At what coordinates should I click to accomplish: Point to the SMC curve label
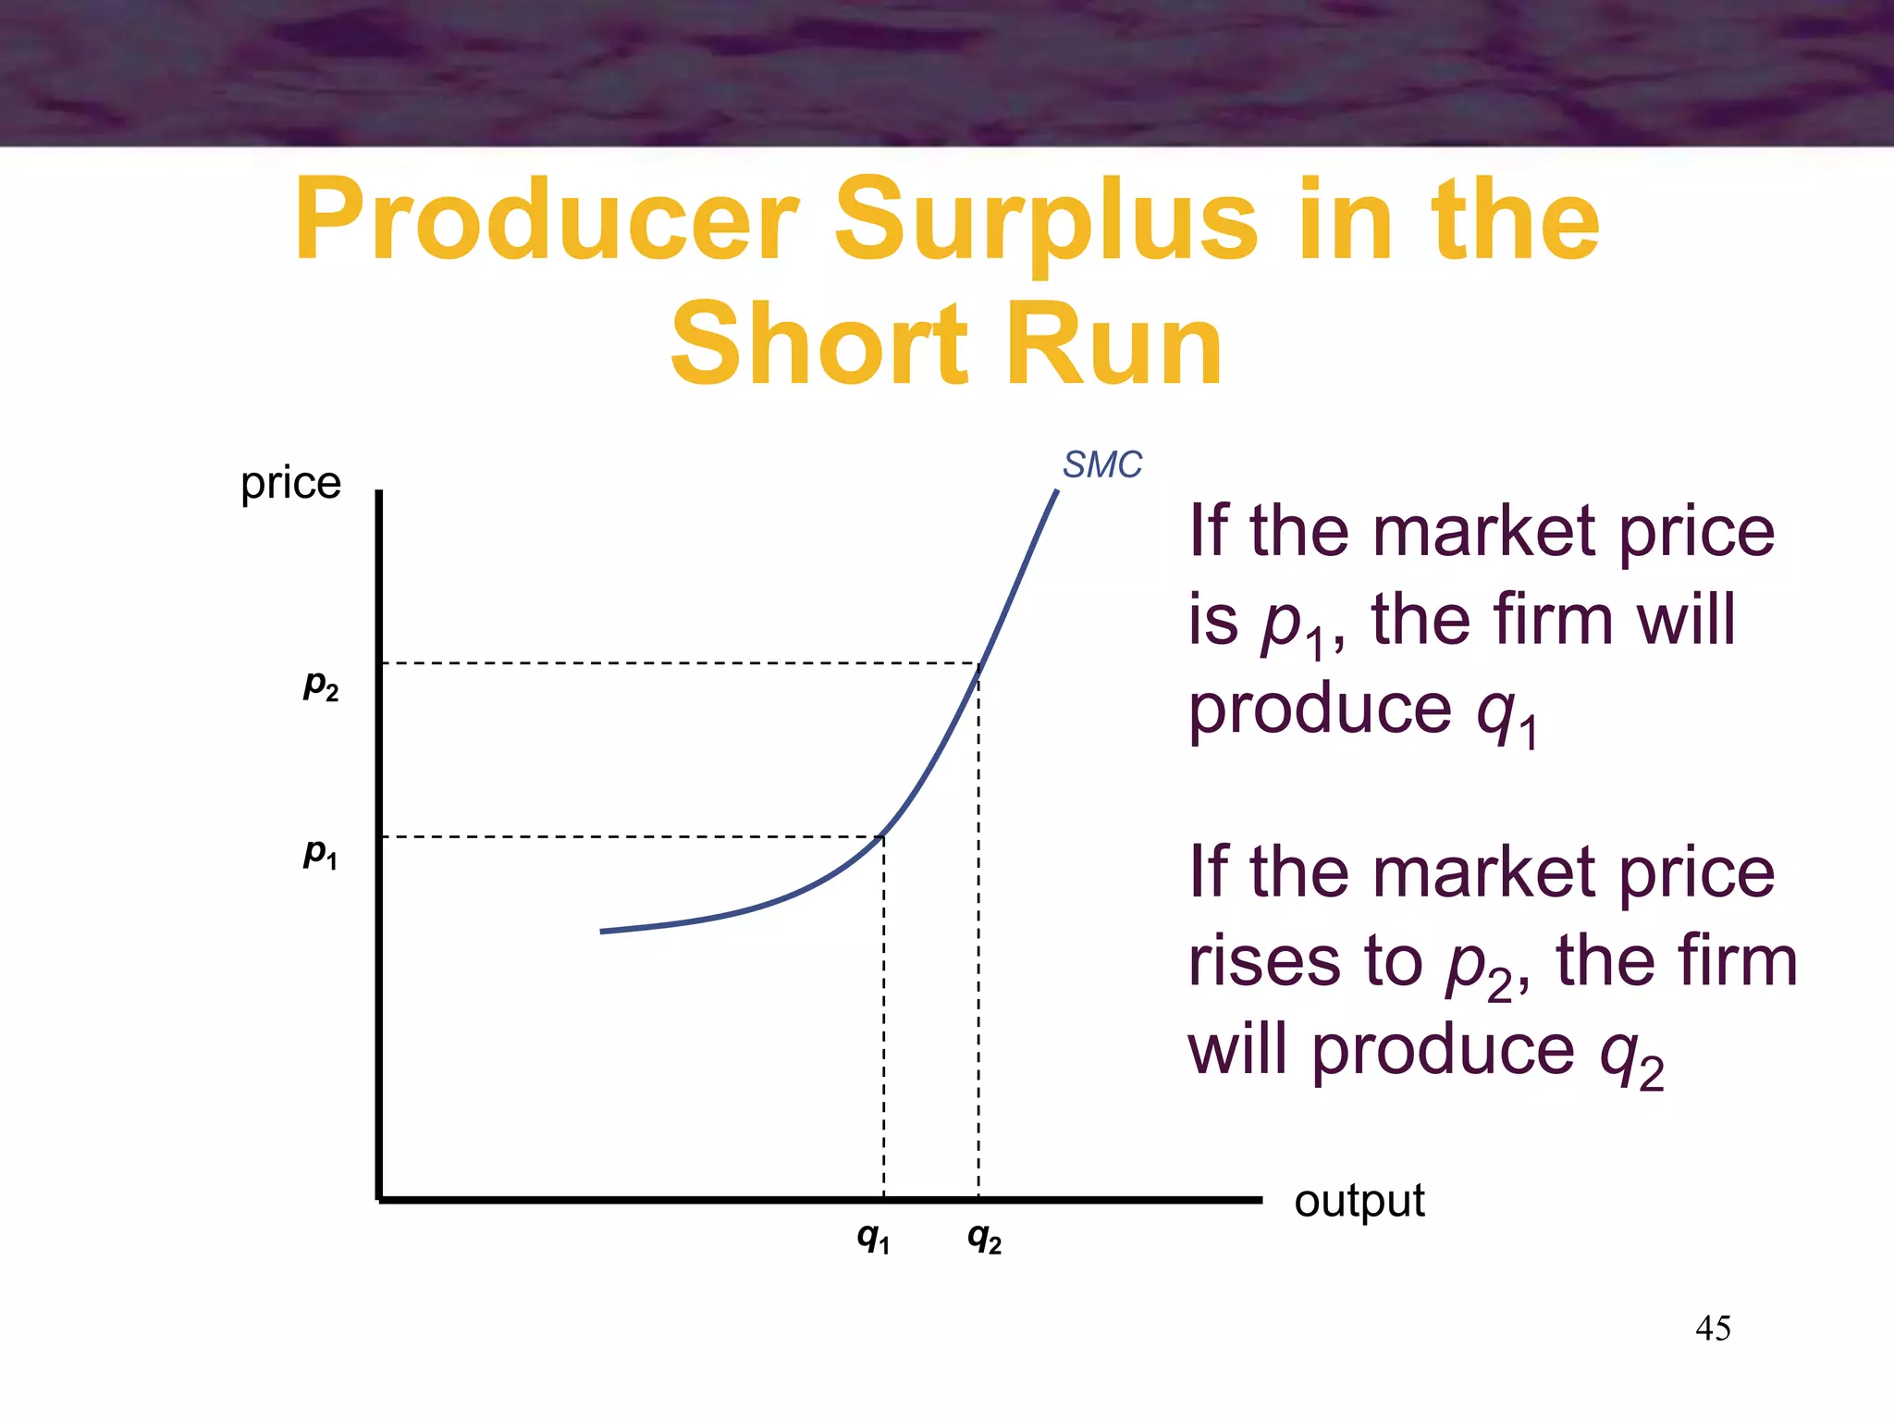(x=1101, y=464)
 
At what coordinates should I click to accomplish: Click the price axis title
(x=290, y=483)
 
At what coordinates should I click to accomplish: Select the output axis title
(x=1359, y=1202)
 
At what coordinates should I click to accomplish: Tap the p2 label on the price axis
(x=321, y=686)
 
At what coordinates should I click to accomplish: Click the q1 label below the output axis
(x=873, y=1237)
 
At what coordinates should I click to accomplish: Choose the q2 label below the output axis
(x=984, y=1237)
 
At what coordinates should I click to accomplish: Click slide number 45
(x=1713, y=1328)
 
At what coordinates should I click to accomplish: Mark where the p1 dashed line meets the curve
(x=883, y=836)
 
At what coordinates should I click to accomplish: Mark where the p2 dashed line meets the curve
(x=979, y=664)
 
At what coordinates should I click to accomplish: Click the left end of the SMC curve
(x=603, y=931)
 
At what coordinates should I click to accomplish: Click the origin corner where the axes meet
(x=379, y=1199)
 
